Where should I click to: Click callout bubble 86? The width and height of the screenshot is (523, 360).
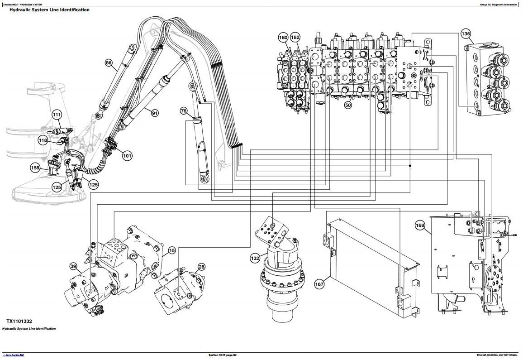[109, 63]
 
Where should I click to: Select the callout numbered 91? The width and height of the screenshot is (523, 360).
[155, 113]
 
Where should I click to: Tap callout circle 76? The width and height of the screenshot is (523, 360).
[183, 111]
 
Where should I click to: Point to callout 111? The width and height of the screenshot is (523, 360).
[57, 115]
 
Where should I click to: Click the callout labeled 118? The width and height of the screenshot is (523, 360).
[43, 140]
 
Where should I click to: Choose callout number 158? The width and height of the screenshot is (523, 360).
[35, 168]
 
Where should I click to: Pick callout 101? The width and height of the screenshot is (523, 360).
[127, 156]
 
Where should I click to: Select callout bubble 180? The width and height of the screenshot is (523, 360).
[283, 38]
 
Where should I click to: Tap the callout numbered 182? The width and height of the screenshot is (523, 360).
[295, 38]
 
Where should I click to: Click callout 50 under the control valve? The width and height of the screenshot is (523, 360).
[348, 105]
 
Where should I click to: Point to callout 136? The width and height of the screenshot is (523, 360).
[466, 34]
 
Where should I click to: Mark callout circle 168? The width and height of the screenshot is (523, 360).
[420, 225]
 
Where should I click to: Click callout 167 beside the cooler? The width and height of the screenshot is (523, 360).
[319, 284]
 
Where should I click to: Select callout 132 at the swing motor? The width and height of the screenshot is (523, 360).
[255, 258]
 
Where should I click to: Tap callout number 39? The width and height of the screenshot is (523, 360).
[73, 266]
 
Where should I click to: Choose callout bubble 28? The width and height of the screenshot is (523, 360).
[201, 267]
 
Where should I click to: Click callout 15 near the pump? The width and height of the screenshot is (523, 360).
[172, 250]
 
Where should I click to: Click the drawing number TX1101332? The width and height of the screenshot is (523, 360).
[19, 321]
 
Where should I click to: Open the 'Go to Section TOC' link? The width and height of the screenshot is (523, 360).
[14, 355]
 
